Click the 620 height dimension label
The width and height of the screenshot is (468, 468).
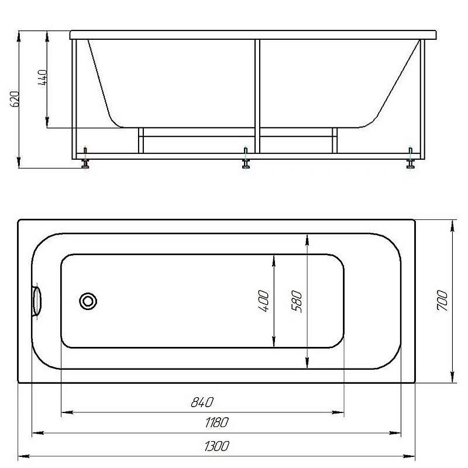click(15, 99)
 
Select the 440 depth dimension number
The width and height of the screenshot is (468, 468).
click(42, 78)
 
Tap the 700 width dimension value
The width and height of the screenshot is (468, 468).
click(442, 300)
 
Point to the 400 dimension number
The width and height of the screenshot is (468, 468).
click(263, 301)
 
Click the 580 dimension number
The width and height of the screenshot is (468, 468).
click(297, 301)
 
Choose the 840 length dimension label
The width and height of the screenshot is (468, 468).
click(202, 402)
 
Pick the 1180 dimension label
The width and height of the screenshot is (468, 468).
click(216, 422)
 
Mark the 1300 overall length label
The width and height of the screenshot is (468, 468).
click(217, 446)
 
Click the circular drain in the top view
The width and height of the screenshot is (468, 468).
click(88, 301)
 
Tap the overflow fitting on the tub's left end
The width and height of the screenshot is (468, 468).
click(36, 301)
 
